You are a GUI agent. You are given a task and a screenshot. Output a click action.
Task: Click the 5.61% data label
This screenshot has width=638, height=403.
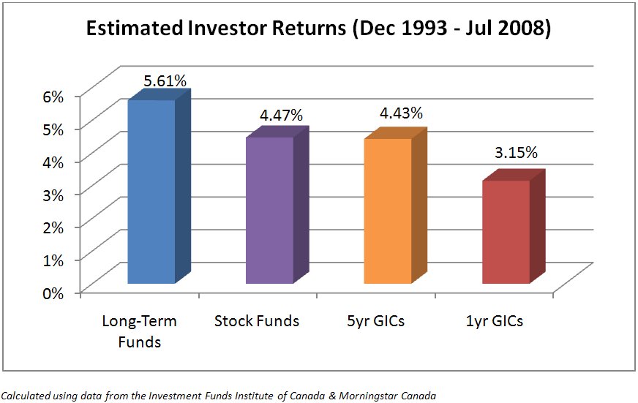[x=165, y=81]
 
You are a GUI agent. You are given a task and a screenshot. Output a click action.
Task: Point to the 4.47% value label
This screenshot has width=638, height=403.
[x=281, y=115]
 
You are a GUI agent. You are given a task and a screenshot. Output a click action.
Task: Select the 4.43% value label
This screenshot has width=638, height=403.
[x=401, y=113]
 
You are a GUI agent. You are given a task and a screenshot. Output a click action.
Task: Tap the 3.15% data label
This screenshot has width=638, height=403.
[x=516, y=153]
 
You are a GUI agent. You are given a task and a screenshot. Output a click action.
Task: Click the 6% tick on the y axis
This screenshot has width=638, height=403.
[x=53, y=97]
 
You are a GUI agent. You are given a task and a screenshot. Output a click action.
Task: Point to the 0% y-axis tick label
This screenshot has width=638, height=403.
[x=53, y=293]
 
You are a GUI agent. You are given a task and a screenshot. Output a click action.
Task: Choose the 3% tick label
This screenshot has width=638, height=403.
[x=53, y=195]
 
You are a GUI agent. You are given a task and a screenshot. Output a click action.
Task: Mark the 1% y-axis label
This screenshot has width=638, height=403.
[x=53, y=260]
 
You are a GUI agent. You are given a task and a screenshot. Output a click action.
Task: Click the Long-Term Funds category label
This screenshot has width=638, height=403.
[x=139, y=331]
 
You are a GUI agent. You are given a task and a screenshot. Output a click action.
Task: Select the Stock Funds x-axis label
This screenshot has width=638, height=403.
[x=257, y=321]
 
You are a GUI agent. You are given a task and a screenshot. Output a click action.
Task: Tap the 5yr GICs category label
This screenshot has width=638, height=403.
[x=375, y=321]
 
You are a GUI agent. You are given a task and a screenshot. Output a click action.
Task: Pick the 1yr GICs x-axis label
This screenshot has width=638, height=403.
[x=495, y=321]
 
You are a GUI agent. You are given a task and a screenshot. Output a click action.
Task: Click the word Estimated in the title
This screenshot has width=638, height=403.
[x=135, y=28]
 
